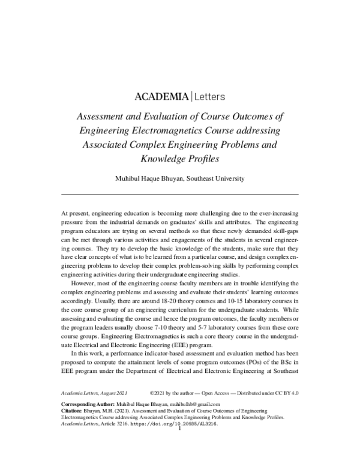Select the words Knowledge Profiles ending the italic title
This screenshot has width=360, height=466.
point(180,159)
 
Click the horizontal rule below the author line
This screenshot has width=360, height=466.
point(180,195)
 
